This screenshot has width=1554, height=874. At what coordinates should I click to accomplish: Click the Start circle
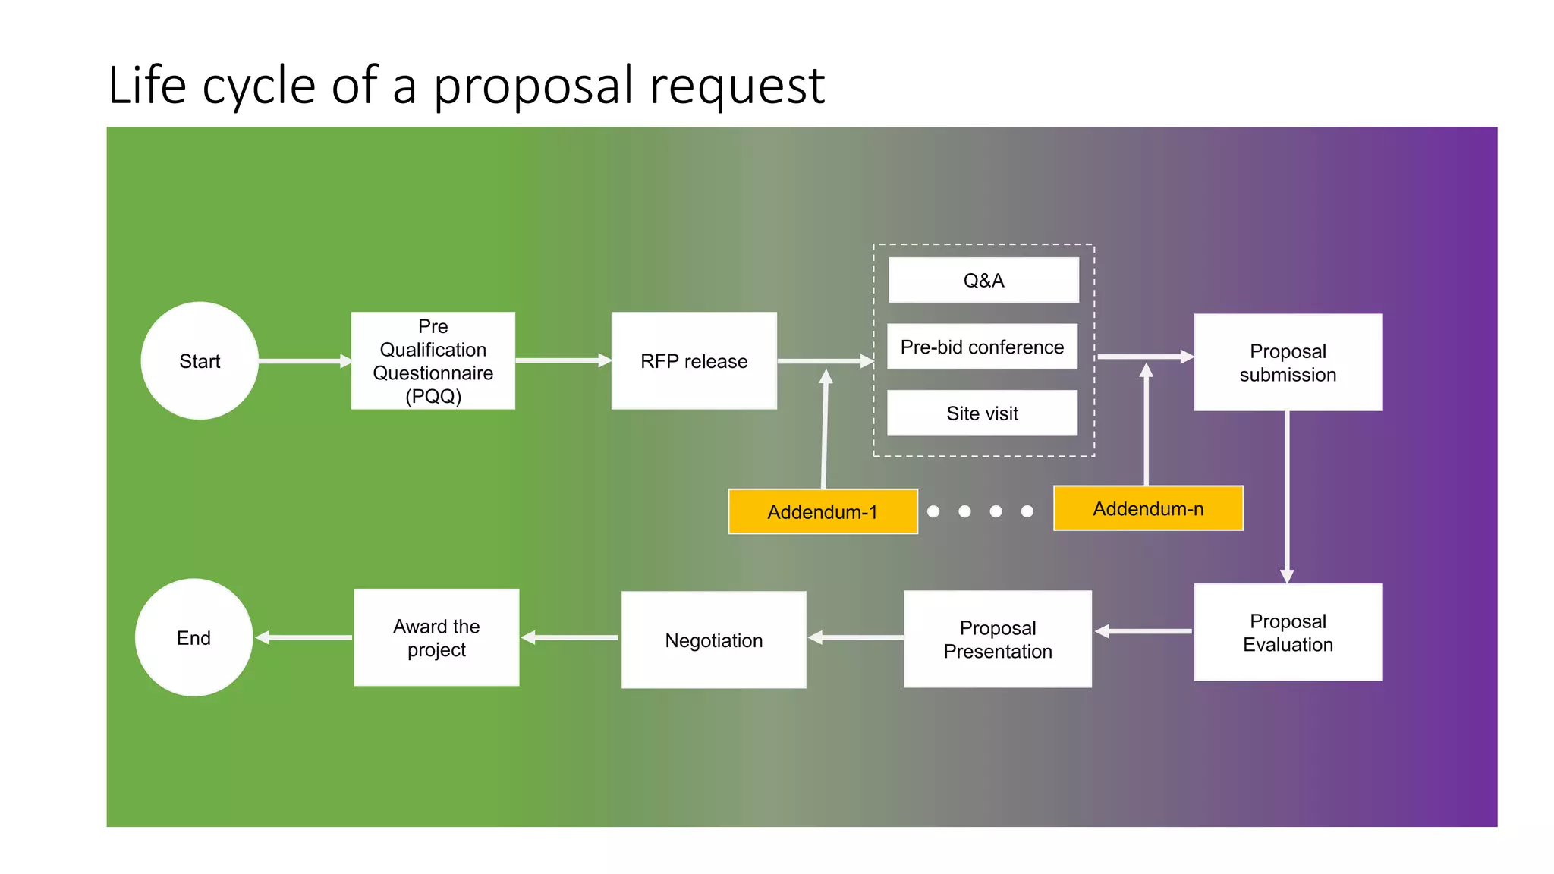click(x=200, y=361)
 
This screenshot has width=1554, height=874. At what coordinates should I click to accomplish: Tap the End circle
click(x=194, y=638)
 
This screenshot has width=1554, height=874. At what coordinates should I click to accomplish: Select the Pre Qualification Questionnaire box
click(x=433, y=361)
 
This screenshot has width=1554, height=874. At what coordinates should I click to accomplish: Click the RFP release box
click(x=694, y=361)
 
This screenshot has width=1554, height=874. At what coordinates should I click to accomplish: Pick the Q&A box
click(x=983, y=281)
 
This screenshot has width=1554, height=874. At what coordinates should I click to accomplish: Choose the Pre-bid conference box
click(x=982, y=347)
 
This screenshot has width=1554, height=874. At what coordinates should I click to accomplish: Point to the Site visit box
click(x=982, y=413)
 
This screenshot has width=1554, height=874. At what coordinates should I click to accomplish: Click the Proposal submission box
click(x=1288, y=363)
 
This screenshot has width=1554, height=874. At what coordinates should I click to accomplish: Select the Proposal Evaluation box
click(x=1288, y=633)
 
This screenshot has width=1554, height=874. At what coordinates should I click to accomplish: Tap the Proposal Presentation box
click(x=998, y=640)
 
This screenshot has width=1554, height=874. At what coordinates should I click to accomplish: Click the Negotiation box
click(x=713, y=640)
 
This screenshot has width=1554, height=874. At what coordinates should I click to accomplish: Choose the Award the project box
click(x=436, y=638)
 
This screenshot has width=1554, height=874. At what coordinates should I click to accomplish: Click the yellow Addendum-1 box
click(x=823, y=512)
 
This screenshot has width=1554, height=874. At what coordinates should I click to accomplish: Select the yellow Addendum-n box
click(x=1148, y=509)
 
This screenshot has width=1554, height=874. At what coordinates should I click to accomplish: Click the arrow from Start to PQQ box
click(x=304, y=361)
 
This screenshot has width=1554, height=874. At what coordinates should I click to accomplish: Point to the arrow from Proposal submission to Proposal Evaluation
click(x=1287, y=497)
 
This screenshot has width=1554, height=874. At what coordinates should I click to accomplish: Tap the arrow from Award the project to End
click(x=304, y=638)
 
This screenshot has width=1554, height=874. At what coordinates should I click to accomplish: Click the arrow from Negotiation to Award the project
click(x=570, y=638)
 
